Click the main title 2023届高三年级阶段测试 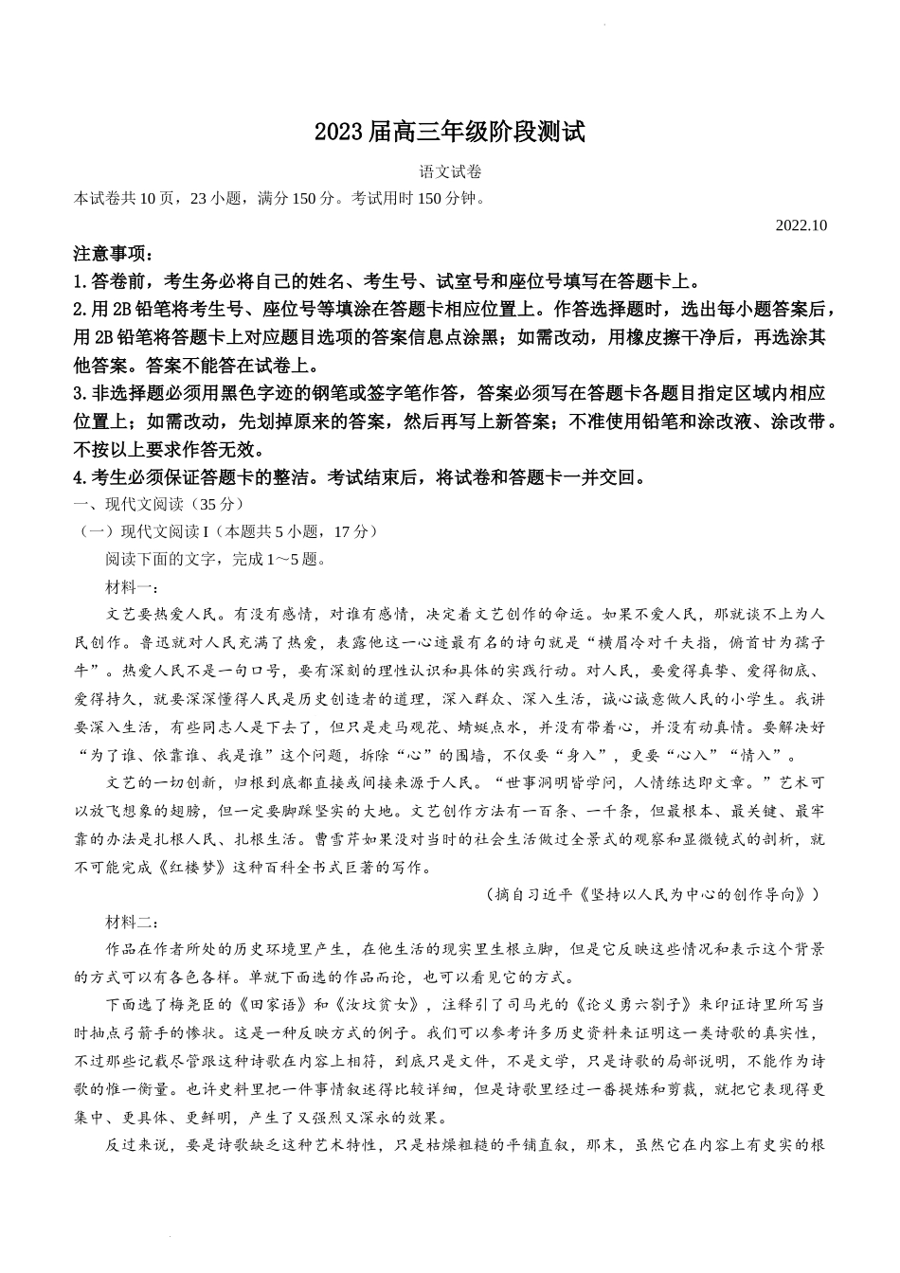click(x=449, y=134)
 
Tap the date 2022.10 click(x=801, y=225)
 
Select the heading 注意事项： click(x=112, y=255)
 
